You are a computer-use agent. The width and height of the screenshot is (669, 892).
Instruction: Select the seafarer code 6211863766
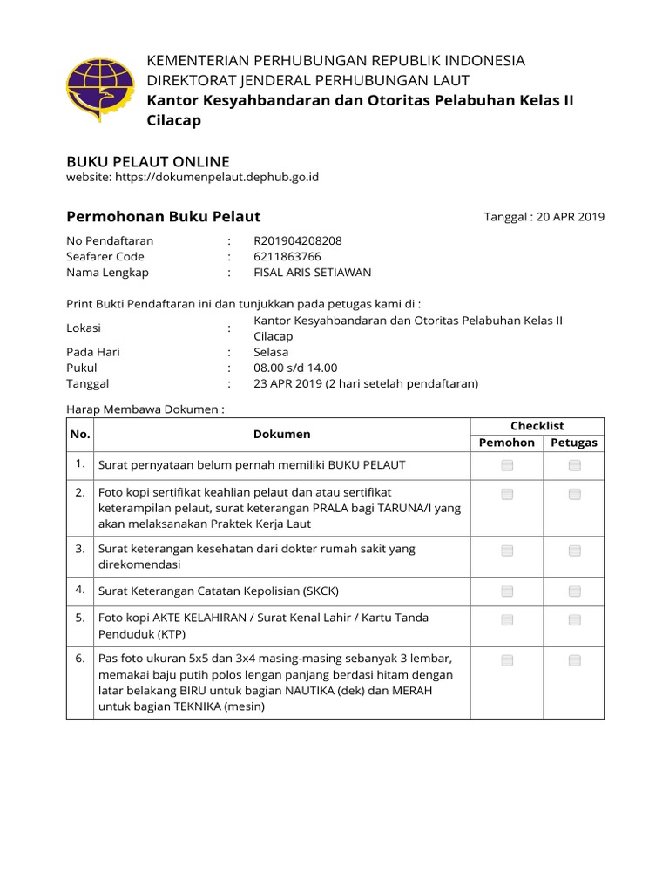pyautogui.click(x=287, y=256)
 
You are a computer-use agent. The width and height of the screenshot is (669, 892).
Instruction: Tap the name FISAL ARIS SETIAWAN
pyautogui.click(x=312, y=272)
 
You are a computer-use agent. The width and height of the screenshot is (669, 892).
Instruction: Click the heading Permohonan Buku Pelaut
pyautogui.click(x=164, y=216)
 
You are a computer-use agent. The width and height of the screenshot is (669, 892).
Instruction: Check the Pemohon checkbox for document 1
pyautogui.click(x=507, y=466)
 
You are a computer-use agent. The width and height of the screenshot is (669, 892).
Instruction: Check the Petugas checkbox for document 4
pyautogui.click(x=574, y=591)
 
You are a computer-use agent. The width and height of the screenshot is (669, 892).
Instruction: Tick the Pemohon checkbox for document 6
pyautogui.click(x=507, y=661)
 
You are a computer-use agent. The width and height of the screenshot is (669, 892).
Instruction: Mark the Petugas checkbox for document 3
pyautogui.click(x=574, y=551)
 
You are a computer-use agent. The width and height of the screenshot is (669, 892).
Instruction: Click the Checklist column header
pyautogui.click(x=537, y=426)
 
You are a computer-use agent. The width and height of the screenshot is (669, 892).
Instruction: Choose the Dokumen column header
pyautogui.click(x=281, y=434)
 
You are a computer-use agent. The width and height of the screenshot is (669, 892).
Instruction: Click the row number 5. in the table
pyautogui.click(x=79, y=618)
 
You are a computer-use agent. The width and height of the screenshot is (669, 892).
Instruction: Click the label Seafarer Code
pyautogui.click(x=105, y=256)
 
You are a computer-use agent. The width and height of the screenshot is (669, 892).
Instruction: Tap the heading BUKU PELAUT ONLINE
pyautogui.click(x=148, y=161)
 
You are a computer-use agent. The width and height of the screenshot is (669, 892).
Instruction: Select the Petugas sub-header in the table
pyautogui.click(x=574, y=443)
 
